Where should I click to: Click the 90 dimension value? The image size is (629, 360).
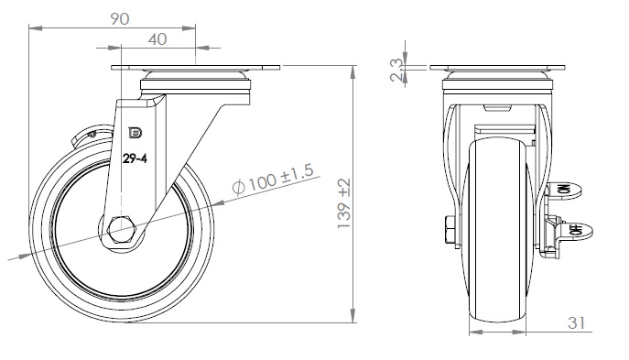tap(120, 19)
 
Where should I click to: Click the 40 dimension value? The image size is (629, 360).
tap(157, 39)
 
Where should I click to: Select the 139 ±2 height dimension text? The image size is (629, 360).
tap(344, 203)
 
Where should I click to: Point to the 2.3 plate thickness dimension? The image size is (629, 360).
tap(396, 71)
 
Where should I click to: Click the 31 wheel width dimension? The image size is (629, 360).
tap(576, 322)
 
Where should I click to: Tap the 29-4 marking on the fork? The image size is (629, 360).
tap(135, 158)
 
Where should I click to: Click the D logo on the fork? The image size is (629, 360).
tap(136, 133)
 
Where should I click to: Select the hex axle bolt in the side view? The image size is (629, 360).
tap(122, 230)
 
